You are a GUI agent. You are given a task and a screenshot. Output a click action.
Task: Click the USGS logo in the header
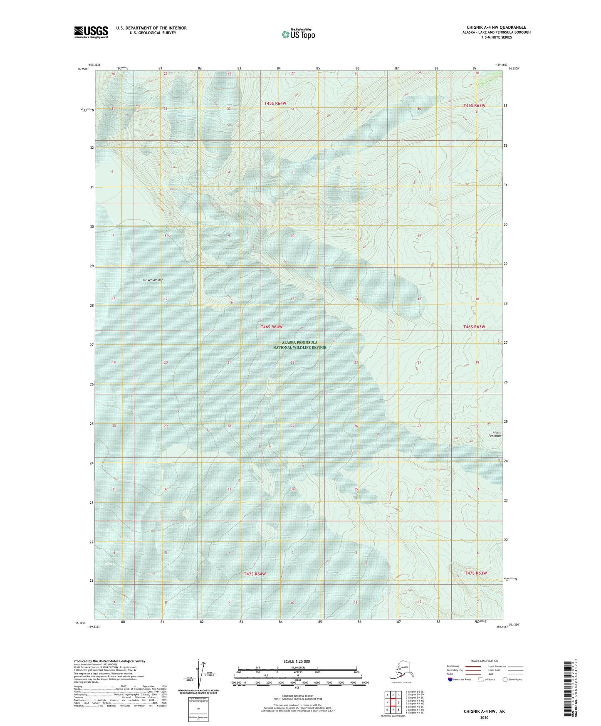91,32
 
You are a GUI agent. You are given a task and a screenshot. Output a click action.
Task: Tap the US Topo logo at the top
298,34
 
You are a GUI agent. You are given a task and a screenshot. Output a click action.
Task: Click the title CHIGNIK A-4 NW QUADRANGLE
496,27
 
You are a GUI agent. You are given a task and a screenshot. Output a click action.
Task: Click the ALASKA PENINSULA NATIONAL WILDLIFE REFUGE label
299,345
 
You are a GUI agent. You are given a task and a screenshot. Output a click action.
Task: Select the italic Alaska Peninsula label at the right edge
495,434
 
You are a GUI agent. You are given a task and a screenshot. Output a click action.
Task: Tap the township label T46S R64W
272,327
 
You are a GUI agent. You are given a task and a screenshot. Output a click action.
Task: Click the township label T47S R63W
476,573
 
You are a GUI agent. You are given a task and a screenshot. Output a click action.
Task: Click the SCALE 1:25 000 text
297,662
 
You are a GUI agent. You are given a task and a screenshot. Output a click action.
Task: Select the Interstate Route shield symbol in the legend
450,679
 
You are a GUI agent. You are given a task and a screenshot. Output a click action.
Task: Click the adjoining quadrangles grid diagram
393,703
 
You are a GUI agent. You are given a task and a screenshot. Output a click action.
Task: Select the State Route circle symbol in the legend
505,679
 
